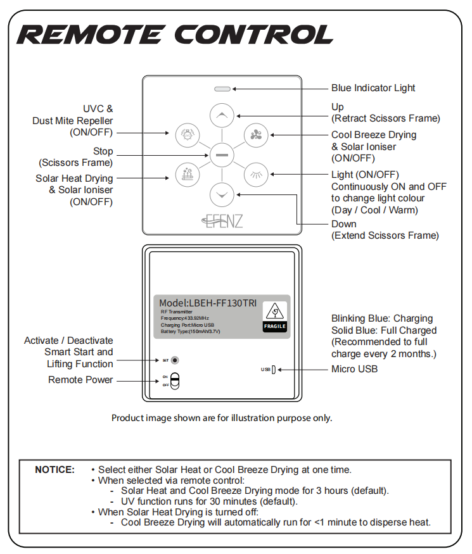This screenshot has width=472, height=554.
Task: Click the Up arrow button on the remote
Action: [222, 116]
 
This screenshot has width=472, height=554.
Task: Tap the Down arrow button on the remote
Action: [222, 194]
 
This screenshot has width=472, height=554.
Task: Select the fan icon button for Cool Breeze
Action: [256, 134]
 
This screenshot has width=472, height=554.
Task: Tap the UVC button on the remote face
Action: [187, 134]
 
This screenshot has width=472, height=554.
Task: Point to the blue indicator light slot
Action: [222, 89]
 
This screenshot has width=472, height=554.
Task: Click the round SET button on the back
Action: [175, 360]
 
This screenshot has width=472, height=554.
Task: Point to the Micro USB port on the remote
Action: [273, 369]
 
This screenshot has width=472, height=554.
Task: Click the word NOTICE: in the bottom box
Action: [54, 470]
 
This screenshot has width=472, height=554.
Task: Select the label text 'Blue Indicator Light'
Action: [373, 88]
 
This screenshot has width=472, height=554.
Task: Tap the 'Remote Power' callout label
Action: [80, 380]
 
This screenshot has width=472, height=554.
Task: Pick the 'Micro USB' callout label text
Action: [354, 369]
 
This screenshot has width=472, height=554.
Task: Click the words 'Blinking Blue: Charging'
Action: [382, 318]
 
